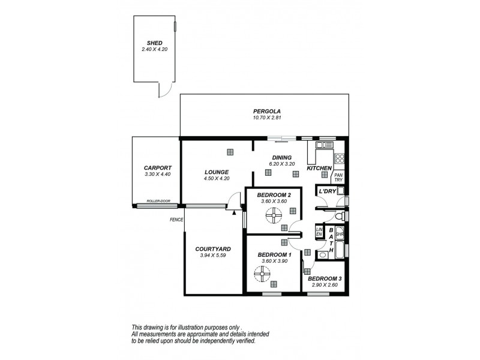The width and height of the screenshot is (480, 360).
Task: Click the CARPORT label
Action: click(x=158, y=167)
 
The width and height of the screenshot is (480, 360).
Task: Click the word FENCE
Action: click(x=176, y=220)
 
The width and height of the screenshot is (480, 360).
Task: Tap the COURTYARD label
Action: click(x=213, y=248)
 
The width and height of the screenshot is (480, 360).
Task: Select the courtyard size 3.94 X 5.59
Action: click(x=213, y=255)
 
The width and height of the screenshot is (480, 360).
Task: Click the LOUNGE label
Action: click(x=216, y=172)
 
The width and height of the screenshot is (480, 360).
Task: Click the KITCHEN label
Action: click(x=319, y=169)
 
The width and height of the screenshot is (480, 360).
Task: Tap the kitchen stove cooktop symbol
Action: click(x=339, y=159)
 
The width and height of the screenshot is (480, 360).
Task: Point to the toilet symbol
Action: click(x=339, y=215)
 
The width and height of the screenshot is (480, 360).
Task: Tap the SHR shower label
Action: click(x=339, y=235)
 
